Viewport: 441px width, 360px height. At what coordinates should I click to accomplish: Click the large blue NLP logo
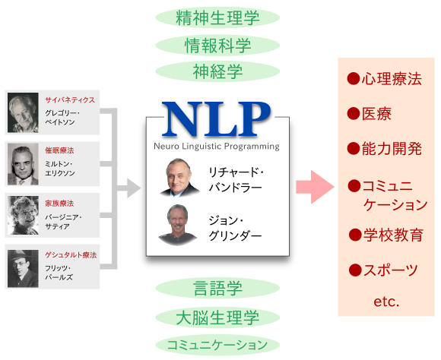216,118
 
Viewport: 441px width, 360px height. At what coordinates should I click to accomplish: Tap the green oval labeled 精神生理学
217,17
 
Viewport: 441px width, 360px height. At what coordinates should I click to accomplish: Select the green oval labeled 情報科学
217,46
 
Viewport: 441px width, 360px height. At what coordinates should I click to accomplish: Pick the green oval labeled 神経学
217,71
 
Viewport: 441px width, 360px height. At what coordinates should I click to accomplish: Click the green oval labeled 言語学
217,288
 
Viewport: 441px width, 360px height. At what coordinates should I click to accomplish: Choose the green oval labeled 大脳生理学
217,317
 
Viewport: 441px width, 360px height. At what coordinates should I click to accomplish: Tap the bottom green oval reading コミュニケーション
217,345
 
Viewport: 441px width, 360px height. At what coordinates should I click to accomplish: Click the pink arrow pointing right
315,187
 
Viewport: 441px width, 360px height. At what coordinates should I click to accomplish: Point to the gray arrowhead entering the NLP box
134,188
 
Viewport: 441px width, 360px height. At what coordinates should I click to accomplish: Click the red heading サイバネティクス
70,100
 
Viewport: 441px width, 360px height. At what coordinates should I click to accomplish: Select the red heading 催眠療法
59,150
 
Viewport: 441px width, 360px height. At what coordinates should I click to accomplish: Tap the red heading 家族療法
59,204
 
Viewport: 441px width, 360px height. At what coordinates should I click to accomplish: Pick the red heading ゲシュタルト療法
71,255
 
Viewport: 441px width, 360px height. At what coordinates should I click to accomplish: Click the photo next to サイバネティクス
23,112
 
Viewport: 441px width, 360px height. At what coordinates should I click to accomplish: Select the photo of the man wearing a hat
23,268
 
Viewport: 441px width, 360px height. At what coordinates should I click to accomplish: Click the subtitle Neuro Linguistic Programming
217,147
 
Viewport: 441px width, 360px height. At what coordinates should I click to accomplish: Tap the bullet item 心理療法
385,79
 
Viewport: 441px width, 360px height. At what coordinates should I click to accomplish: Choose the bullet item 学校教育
386,235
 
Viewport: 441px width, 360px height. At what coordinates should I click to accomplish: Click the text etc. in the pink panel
386,302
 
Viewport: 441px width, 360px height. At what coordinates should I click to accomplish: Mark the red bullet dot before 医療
354,114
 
